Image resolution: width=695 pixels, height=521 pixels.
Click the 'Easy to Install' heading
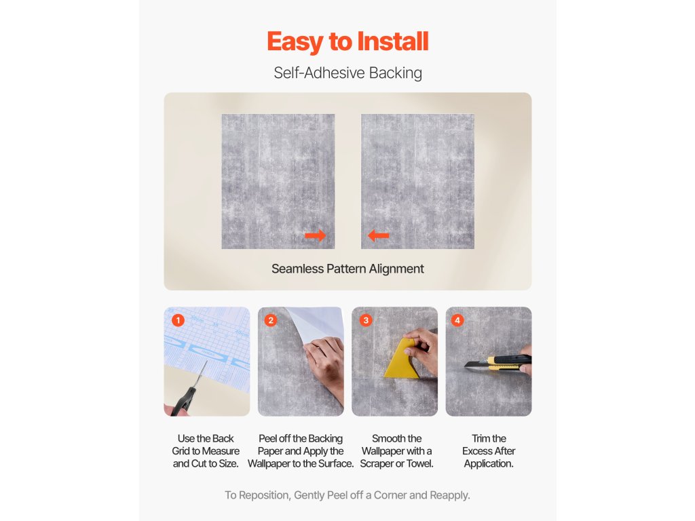347,41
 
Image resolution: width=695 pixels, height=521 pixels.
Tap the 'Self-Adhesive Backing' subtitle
347,73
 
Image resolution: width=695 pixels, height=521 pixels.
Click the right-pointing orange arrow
315,235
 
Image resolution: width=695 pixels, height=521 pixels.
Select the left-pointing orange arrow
379,235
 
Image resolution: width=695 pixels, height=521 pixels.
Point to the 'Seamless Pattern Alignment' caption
347,269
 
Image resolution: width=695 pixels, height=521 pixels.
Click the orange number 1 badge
178,320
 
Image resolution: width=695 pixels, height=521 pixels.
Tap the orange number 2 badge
271,320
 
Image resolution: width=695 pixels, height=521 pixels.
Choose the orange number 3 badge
366,320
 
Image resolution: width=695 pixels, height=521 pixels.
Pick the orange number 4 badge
457,320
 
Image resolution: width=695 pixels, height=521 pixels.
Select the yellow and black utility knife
499,362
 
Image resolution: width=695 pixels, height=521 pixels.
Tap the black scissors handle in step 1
184,400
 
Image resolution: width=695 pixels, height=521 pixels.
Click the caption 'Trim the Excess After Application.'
489,451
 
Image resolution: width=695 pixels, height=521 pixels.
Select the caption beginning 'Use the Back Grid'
206,451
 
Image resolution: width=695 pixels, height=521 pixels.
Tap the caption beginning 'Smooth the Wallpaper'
396,451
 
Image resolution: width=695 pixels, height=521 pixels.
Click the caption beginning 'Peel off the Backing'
301,451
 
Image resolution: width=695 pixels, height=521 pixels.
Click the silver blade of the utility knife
475,364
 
